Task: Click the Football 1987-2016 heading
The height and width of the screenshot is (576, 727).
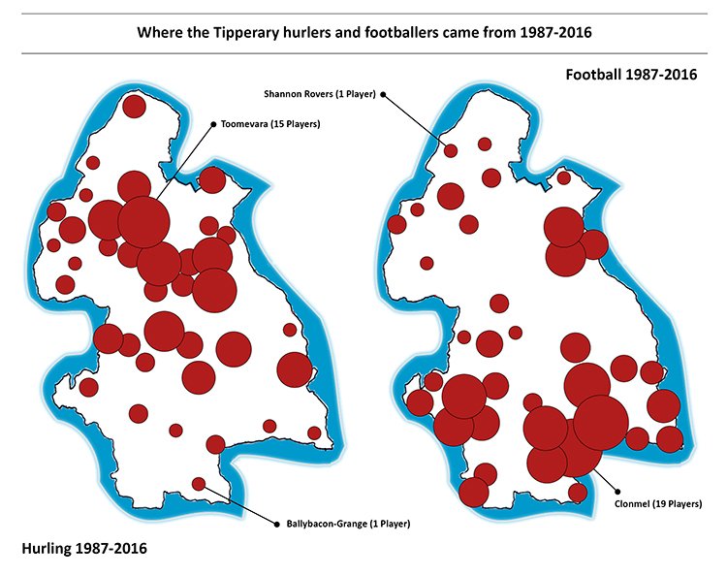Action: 629,75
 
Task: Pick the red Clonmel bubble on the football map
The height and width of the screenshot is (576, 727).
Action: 600,422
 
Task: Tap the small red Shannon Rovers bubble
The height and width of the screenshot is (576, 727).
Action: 451,149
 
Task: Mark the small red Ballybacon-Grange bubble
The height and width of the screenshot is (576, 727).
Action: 199,483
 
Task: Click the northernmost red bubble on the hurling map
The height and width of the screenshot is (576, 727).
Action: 134,106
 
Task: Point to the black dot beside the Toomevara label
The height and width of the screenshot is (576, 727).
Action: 213,124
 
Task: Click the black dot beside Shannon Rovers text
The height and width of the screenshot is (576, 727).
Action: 383,94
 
